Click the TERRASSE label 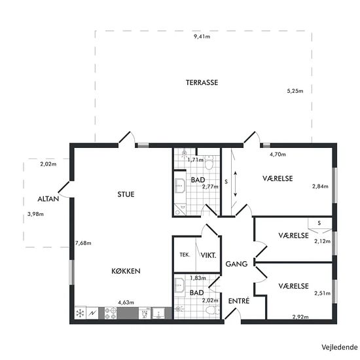[202, 82]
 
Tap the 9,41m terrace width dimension [202, 37]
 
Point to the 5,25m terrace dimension [295, 91]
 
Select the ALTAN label [48, 199]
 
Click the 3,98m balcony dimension [35, 214]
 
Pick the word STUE [126, 194]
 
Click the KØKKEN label [126, 271]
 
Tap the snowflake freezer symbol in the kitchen [80, 313]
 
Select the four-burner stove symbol [111, 314]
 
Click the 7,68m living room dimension [83, 243]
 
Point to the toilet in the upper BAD [209, 162]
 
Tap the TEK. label [185, 255]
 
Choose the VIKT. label [208, 255]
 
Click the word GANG [236, 264]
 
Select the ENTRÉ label [239, 301]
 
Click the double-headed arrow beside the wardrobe [236, 184]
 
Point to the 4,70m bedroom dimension [278, 154]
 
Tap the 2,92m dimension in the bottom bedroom [300, 317]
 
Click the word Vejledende [340, 347]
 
